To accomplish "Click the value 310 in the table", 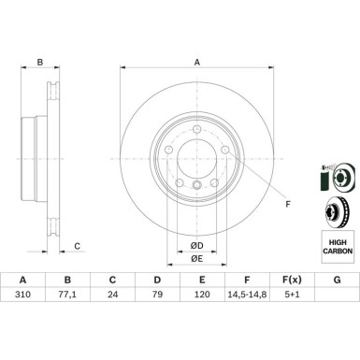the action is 22,294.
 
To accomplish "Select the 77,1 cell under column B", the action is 67,294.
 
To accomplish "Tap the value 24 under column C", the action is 112,294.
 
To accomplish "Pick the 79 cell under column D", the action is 157,294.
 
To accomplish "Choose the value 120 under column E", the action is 202,294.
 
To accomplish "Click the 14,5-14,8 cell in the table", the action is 247,294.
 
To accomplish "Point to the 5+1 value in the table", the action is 292,294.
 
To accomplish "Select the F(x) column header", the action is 292,280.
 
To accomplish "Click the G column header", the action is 337,280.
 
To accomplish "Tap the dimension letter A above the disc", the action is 197,63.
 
